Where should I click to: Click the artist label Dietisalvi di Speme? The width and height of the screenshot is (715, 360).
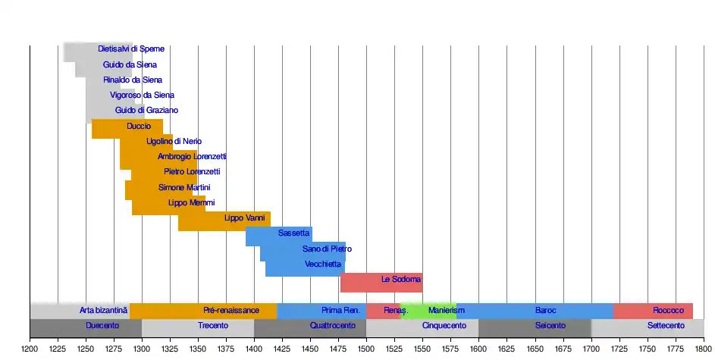[131, 49]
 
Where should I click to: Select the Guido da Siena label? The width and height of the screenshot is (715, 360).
[130, 65]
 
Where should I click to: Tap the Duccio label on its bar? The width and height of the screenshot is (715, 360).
[139, 126]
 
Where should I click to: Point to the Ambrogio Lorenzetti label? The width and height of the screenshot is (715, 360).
[192, 157]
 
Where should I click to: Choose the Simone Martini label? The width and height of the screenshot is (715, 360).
[184, 187]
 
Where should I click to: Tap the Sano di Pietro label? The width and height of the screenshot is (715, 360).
[327, 249]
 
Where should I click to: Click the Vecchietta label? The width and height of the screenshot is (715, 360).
[323, 265]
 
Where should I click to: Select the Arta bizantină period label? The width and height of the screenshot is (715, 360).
[104, 311]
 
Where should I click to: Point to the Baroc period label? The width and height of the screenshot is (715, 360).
[545, 311]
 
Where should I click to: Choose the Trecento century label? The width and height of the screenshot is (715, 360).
[213, 326]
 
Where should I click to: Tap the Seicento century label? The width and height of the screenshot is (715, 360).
[550, 326]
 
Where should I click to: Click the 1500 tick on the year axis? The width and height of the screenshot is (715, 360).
[366, 347]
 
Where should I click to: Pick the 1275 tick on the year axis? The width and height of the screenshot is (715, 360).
[114, 347]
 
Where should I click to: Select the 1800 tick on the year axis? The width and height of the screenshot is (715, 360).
[704, 347]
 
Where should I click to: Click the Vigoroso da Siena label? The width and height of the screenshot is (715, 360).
[142, 95]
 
